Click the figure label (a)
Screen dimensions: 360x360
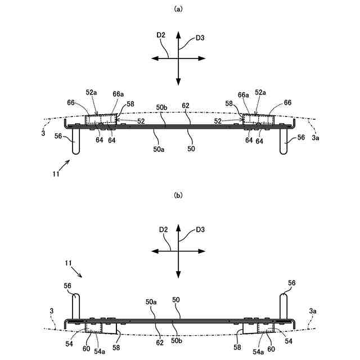(179, 8)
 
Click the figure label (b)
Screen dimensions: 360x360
(179, 195)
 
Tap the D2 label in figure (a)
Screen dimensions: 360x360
(161, 35)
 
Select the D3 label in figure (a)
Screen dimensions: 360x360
(200, 38)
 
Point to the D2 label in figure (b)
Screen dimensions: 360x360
(163, 229)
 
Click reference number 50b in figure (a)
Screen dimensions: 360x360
(161, 107)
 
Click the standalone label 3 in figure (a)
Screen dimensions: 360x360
(43, 133)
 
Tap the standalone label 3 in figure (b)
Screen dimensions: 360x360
(51, 310)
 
